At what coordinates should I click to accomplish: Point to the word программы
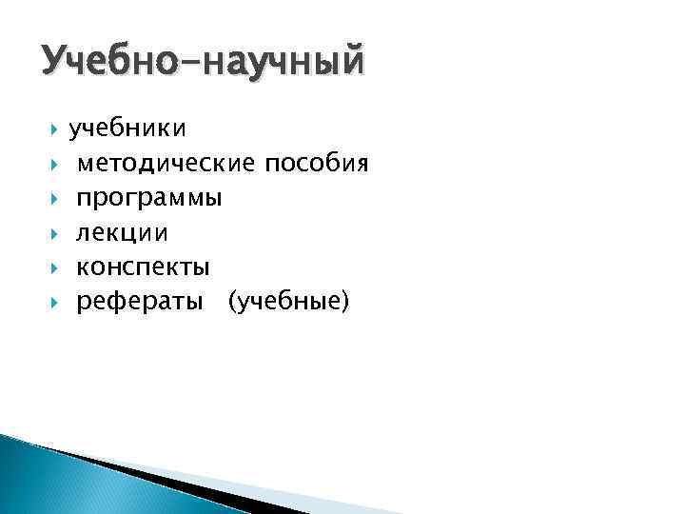click(x=149, y=199)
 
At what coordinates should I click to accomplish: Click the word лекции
click(x=123, y=233)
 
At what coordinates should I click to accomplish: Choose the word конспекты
click(x=143, y=268)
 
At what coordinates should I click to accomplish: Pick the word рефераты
click(x=139, y=303)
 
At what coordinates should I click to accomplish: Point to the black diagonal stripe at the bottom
click(x=190, y=485)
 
